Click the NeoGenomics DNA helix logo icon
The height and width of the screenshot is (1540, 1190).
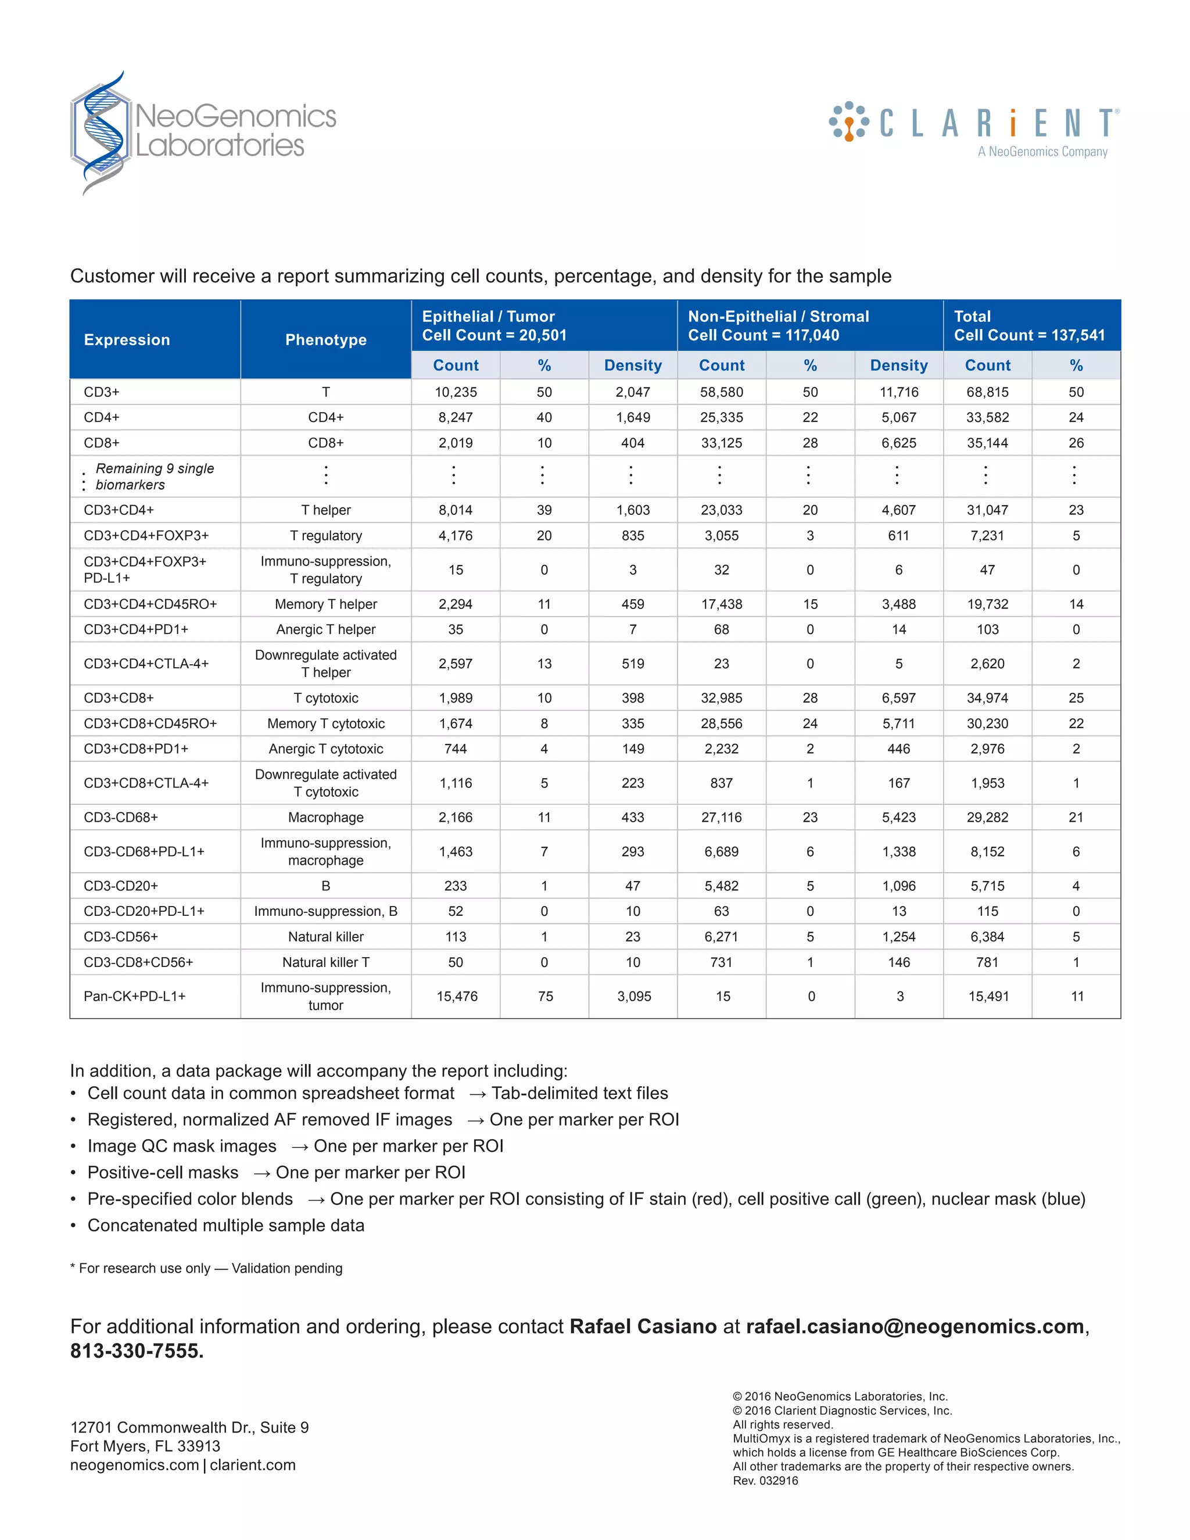coord(101,132)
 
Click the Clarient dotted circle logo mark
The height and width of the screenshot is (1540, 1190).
coord(849,121)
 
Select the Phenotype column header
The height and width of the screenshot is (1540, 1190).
coord(326,340)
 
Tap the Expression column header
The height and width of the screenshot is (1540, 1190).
coord(127,340)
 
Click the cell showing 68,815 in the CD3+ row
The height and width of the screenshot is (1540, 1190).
coord(987,392)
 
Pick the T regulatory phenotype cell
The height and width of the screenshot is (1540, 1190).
coord(326,536)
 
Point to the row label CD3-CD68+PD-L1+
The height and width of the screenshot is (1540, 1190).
coord(144,852)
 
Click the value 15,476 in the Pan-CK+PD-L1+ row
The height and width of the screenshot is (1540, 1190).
coord(457,996)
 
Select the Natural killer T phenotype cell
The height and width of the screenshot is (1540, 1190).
coord(326,962)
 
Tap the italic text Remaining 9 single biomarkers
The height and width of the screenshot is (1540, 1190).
coord(155,477)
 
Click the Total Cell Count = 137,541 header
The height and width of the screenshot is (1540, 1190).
coord(1028,326)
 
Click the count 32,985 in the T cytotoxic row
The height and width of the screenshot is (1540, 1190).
coord(721,698)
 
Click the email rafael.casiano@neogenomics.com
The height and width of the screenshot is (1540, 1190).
coord(915,1326)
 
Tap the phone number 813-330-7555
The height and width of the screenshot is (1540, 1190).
coord(136,1351)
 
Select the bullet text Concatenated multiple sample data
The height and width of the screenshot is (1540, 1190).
coord(225,1226)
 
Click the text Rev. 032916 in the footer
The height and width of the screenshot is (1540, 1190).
coord(766,1481)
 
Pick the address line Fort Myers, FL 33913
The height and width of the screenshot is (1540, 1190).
coord(145,1446)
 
